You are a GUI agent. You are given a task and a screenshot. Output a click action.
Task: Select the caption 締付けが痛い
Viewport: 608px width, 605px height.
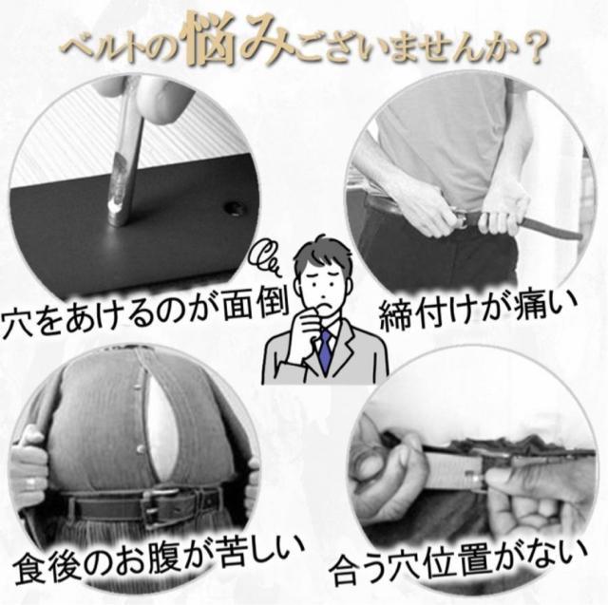(477, 314)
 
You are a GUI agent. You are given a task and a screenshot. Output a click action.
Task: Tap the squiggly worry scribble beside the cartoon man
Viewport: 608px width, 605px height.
(265, 256)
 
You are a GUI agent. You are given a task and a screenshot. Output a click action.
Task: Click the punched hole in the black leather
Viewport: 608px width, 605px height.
(235, 209)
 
